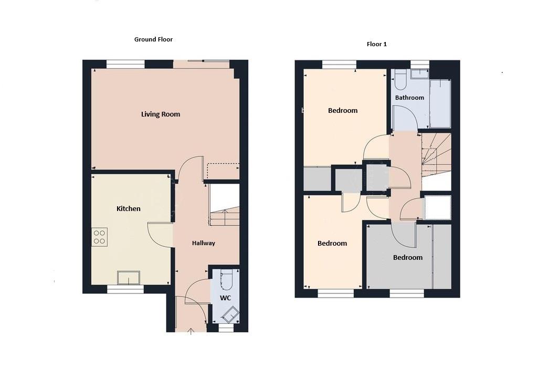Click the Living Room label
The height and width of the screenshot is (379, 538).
pos(161,114)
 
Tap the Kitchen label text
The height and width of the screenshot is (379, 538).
pos(129,209)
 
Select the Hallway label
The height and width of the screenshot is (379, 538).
pos(203,243)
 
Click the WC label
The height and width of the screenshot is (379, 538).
pos(225,298)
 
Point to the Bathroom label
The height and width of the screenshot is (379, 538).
pos(409,98)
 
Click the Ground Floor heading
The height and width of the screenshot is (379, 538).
pos(153,39)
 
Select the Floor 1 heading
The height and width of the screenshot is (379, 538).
pos(376,45)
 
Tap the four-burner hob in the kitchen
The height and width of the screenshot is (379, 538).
pos(99,237)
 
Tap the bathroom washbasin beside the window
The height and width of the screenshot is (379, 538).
pos(419,74)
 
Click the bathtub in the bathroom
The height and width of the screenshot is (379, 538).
pos(440,103)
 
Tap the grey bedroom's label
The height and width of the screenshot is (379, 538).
pos(408,258)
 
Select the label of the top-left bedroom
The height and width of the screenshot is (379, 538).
pos(343,111)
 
